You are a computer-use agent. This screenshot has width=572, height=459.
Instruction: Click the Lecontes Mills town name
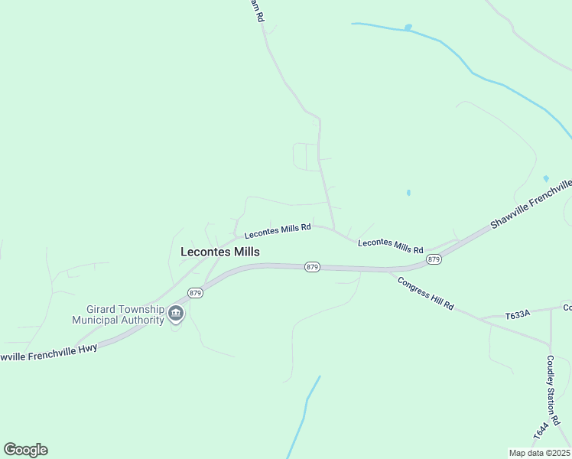[219, 252]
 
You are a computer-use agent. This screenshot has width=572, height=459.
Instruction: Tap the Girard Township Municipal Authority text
[118, 314]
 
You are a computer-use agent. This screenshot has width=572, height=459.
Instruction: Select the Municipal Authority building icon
[176, 312]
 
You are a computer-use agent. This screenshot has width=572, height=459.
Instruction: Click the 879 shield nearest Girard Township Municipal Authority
[195, 293]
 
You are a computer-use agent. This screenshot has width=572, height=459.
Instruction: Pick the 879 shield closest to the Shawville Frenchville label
[434, 259]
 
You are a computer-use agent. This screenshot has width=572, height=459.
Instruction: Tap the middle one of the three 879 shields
[312, 266]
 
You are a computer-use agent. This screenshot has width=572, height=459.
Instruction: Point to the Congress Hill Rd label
[426, 292]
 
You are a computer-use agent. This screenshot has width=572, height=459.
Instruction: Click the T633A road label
[518, 315]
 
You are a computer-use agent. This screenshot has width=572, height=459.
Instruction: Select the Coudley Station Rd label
[554, 390]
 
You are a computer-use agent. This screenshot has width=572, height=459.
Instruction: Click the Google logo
[25, 450]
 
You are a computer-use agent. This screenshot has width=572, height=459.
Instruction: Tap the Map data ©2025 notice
[540, 453]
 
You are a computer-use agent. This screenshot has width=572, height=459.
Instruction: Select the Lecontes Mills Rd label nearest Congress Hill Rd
[391, 246]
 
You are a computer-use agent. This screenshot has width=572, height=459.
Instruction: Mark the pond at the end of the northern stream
[408, 28]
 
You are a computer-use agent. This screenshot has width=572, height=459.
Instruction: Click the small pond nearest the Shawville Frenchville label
[546, 178]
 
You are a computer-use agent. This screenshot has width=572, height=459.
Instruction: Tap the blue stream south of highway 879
[304, 413]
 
